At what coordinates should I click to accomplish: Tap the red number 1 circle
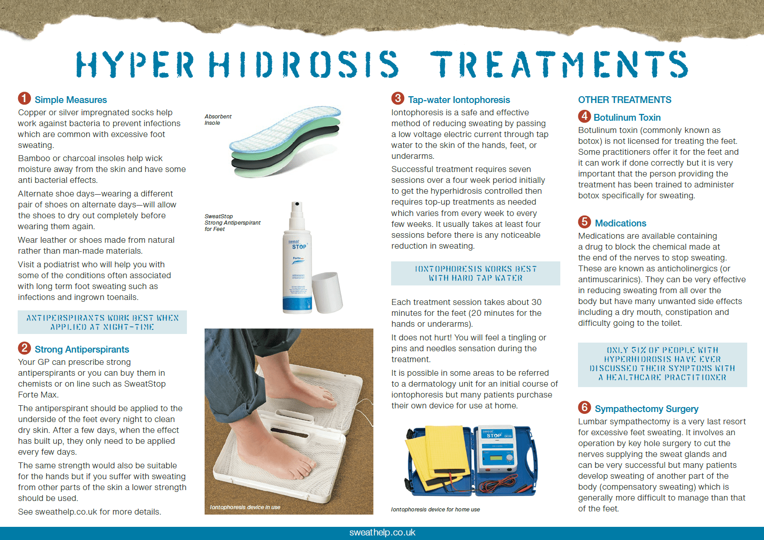(x=24, y=98)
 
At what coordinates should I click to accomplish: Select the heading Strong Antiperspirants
(x=82, y=349)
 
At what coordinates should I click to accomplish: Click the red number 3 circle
(x=398, y=98)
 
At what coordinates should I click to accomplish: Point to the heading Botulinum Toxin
(x=627, y=118)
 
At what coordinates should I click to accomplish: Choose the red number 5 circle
(x=584, y=222)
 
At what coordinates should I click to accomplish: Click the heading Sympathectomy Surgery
(x=646, y=409)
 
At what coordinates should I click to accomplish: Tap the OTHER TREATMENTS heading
(x=624, y=100)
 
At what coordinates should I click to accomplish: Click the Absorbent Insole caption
(x=218, y=120)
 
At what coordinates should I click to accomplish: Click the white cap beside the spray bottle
(x=327, y=293)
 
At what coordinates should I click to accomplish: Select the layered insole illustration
(x=285, y=142)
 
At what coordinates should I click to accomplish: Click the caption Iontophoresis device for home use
(x=435, y=510)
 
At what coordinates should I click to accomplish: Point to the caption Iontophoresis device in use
(x=245, y=507)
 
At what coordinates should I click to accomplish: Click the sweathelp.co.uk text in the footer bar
(x=382, y=533)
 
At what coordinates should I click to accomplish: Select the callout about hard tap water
(x=475, y=274)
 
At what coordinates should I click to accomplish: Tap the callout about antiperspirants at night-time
(x=102, y=322)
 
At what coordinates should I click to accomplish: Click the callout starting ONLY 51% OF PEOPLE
(x=662, y=364)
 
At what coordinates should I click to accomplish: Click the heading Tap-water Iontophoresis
(x=459, y=100)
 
